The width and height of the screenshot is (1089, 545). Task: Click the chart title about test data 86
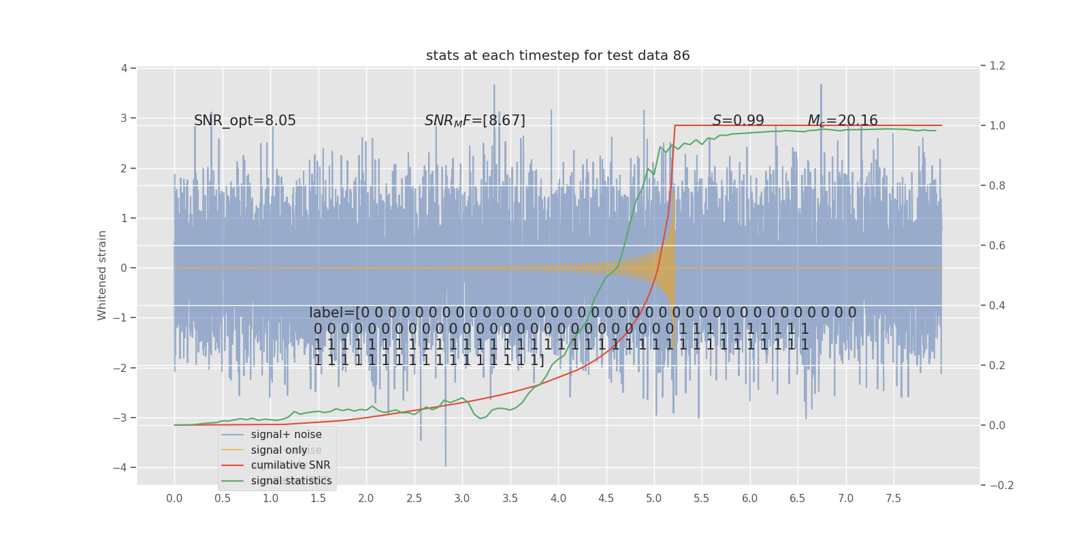(557, 56)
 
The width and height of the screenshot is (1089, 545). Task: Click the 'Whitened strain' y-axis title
(102, 275)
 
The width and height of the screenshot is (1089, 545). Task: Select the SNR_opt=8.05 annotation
(245, 121)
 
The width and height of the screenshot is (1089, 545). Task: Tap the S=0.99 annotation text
(738, 121)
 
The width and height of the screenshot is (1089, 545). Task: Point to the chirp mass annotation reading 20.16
(842, 121)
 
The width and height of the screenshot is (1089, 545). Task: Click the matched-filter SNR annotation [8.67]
(474, 121)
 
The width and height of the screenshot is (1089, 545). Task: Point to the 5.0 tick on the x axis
(654, 499)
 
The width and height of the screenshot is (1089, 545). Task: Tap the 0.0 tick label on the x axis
(174, 499)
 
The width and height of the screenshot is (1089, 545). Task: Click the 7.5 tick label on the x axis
(893, 499)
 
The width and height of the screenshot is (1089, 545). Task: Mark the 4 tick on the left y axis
(125, 68)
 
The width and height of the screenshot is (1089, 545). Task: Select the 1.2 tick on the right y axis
(997, 66)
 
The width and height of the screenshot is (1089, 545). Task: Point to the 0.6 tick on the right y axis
(997, 245)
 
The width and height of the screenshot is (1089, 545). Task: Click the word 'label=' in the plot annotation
(331, 313)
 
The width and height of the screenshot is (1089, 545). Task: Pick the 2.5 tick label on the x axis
(414, 499)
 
